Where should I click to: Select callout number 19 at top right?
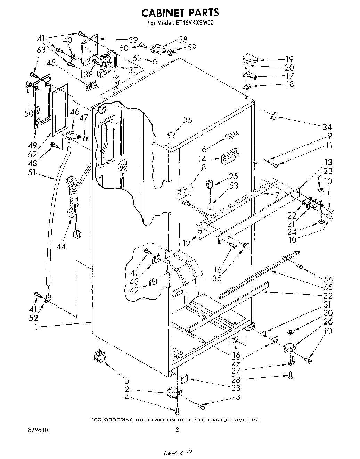289,59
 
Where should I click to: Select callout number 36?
187,120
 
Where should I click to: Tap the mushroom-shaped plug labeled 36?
171,133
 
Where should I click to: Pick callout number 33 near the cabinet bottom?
237,388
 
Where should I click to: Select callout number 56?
328,279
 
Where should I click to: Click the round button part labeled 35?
247,246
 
